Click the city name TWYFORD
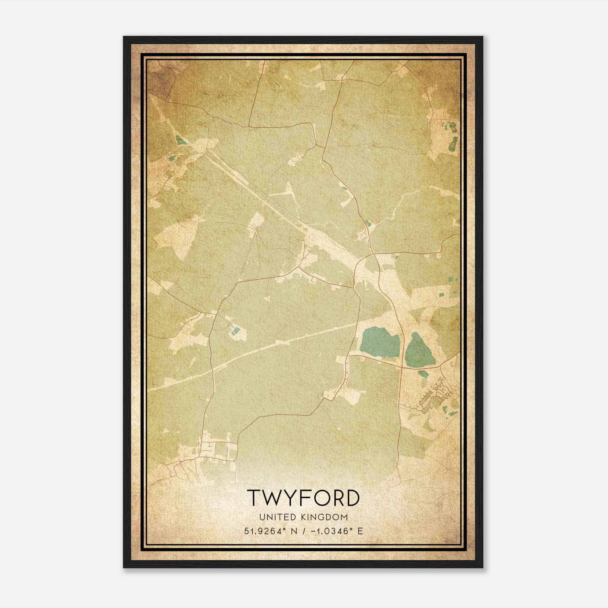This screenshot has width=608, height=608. [x=304, y=497]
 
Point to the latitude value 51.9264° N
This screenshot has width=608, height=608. [x=271, y=531]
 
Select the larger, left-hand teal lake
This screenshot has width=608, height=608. [x=379, y=341]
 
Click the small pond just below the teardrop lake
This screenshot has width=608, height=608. [x=423, y=374]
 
